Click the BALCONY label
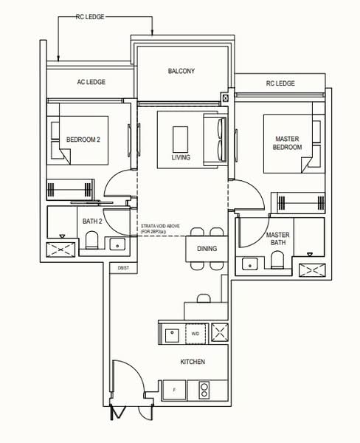click(181, 71)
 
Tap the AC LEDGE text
click(91, 83)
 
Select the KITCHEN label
click(192, 362)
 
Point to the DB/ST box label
click(122, 267)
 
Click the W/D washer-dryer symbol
click(195, 334)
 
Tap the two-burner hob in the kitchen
click(204, 388)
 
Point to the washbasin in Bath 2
click(117, 243)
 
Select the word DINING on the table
click(207, 249)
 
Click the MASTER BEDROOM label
click(288, 143)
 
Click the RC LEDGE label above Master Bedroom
click(280, 83)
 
